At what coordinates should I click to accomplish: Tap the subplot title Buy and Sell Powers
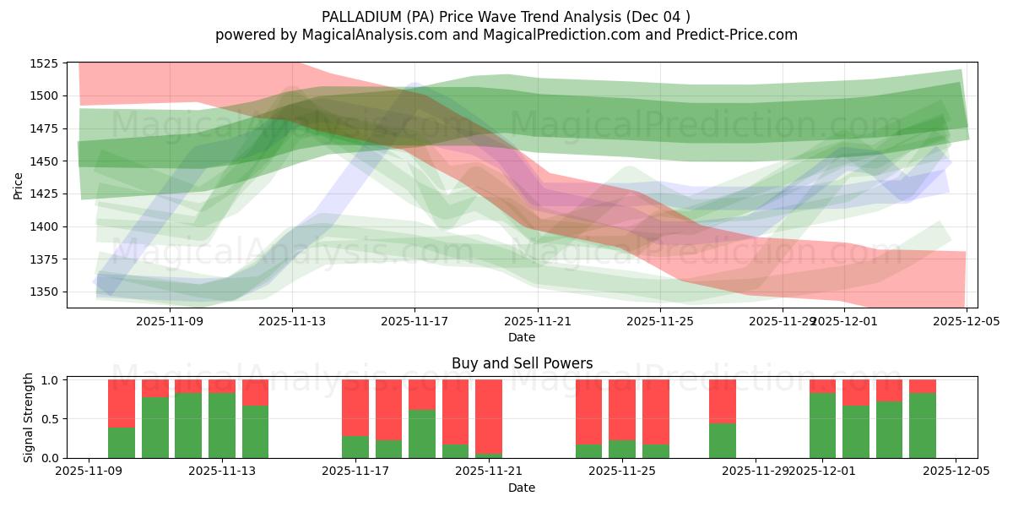[x=522, y=363]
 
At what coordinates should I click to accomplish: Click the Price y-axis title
[x=19, y=185]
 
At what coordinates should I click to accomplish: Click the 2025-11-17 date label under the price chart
[x=414, y=321]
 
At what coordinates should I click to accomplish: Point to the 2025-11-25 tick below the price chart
[x=660, y=321]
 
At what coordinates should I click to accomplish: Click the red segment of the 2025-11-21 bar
[x=489, y=414]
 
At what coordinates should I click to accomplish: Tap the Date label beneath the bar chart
[x=522, y=488]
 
